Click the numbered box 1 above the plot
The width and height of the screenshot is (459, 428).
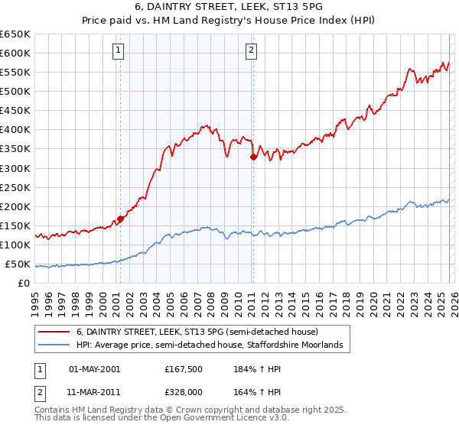click(119, 51)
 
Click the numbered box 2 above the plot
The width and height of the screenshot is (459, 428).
click(252, 51)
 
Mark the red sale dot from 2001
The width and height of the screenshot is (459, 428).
click(120, 219)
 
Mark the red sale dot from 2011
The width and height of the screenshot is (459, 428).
click(253, 157)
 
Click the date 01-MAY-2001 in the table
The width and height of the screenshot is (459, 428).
click(94, 369)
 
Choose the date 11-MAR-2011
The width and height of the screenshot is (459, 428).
click(94, 392)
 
